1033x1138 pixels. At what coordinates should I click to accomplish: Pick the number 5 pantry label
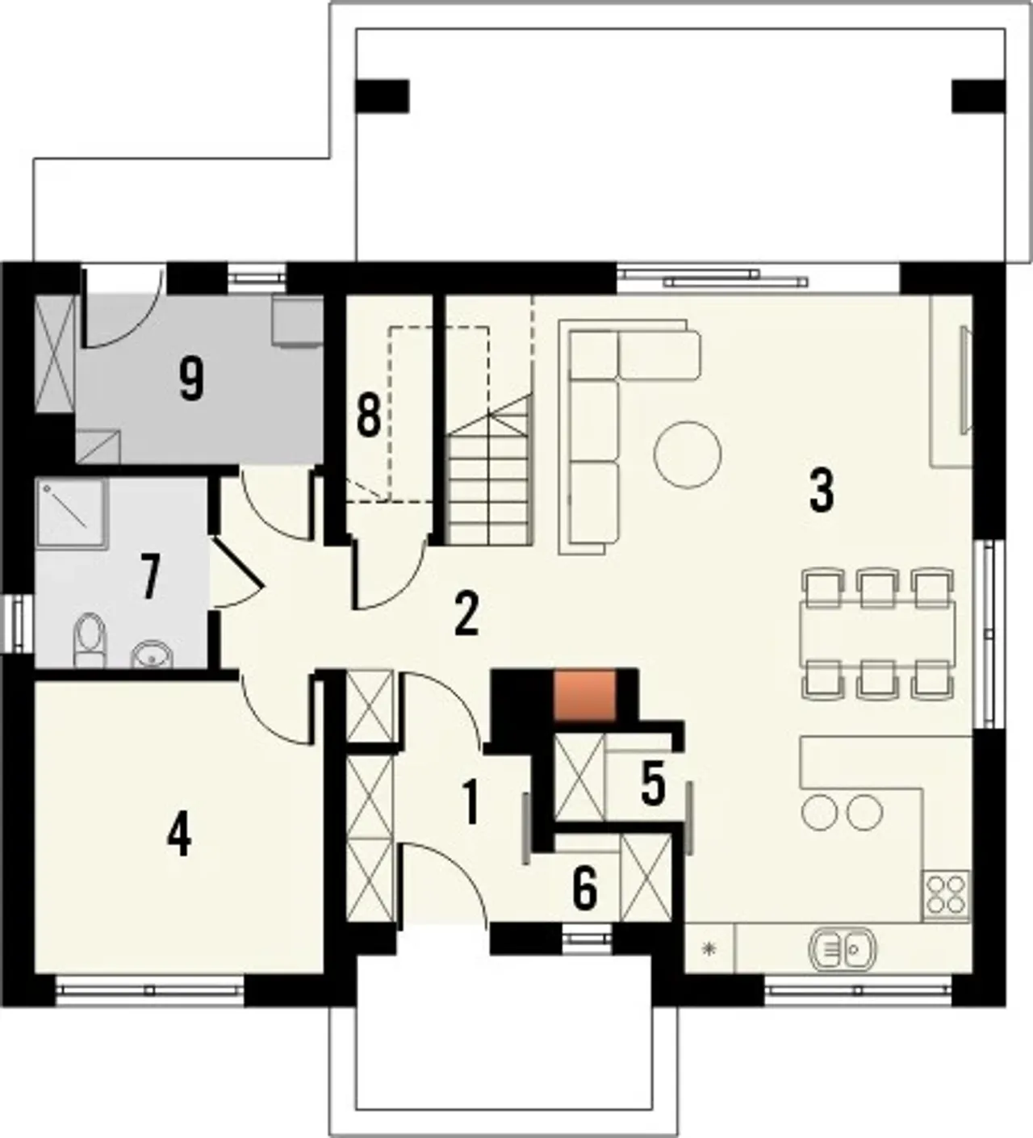point(653,784)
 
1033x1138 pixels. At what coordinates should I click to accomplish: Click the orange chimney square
point(585,696)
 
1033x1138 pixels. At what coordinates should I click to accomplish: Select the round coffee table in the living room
point(688,454)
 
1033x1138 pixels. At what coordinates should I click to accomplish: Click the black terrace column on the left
point(382,96)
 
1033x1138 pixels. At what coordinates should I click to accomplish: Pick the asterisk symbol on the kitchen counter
point(708,947)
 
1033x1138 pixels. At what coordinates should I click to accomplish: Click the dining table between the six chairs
point(878,634)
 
